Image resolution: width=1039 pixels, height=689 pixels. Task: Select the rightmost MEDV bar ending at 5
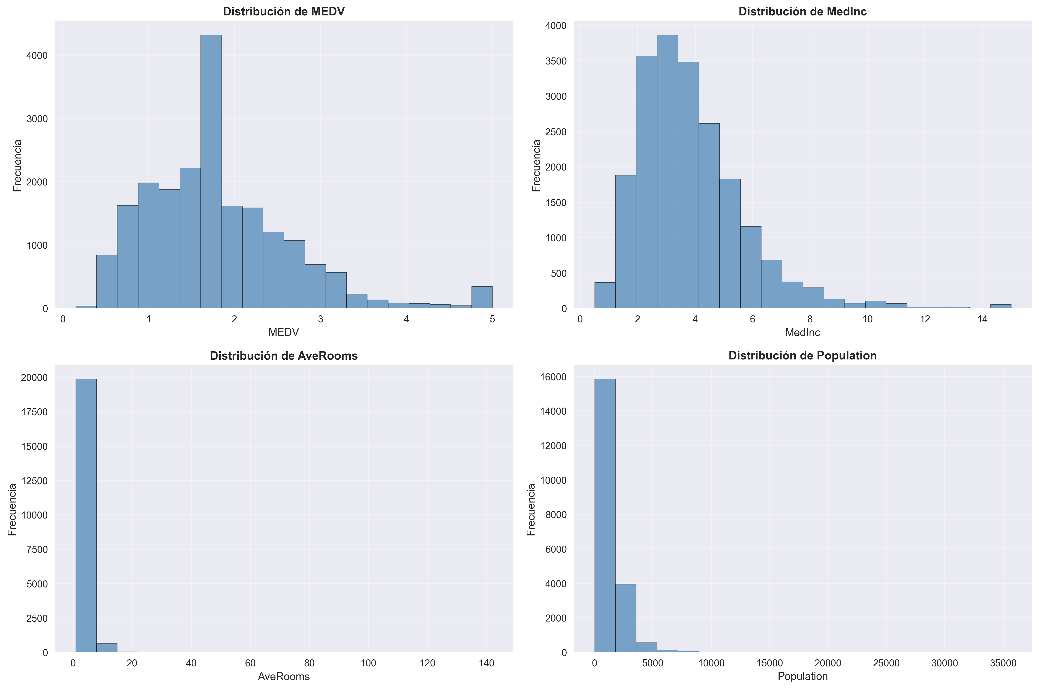(x=482, y=298)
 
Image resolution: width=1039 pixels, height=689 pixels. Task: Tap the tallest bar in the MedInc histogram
(x=667, y=171)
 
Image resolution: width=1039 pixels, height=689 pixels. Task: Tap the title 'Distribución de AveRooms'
(x=284, y=356)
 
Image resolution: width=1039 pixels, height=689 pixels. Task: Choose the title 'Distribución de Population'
(x=802, y=356)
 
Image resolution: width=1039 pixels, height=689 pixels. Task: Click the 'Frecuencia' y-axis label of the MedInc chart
(x=536, y=166)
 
